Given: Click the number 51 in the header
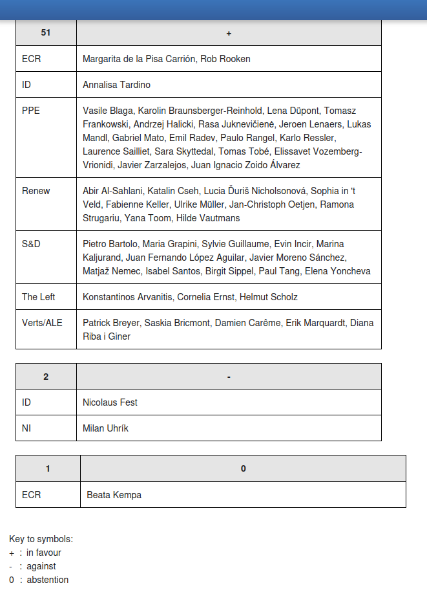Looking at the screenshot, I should click(46, 33).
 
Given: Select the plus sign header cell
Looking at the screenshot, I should click(229, 33).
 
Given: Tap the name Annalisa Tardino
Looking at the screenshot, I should click(116, 85).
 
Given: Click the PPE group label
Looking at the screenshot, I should click(31, 111).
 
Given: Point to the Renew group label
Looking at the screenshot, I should click(36, 191).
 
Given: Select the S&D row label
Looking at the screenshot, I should click(32, 244).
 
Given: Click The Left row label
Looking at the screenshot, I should click(38, 297).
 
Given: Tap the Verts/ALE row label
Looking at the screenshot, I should click(42, 323).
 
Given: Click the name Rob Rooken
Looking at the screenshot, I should click(225, 59).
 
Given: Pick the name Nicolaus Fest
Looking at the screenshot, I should click(110, 402).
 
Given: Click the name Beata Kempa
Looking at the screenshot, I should click(114, 495).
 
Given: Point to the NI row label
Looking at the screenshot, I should click(26, 428).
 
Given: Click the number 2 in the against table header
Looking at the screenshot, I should click(46, 377).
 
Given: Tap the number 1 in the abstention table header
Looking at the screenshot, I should click(48, 468).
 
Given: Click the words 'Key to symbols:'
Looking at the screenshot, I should click(41, 539).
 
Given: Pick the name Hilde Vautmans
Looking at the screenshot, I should click(208, 218).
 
